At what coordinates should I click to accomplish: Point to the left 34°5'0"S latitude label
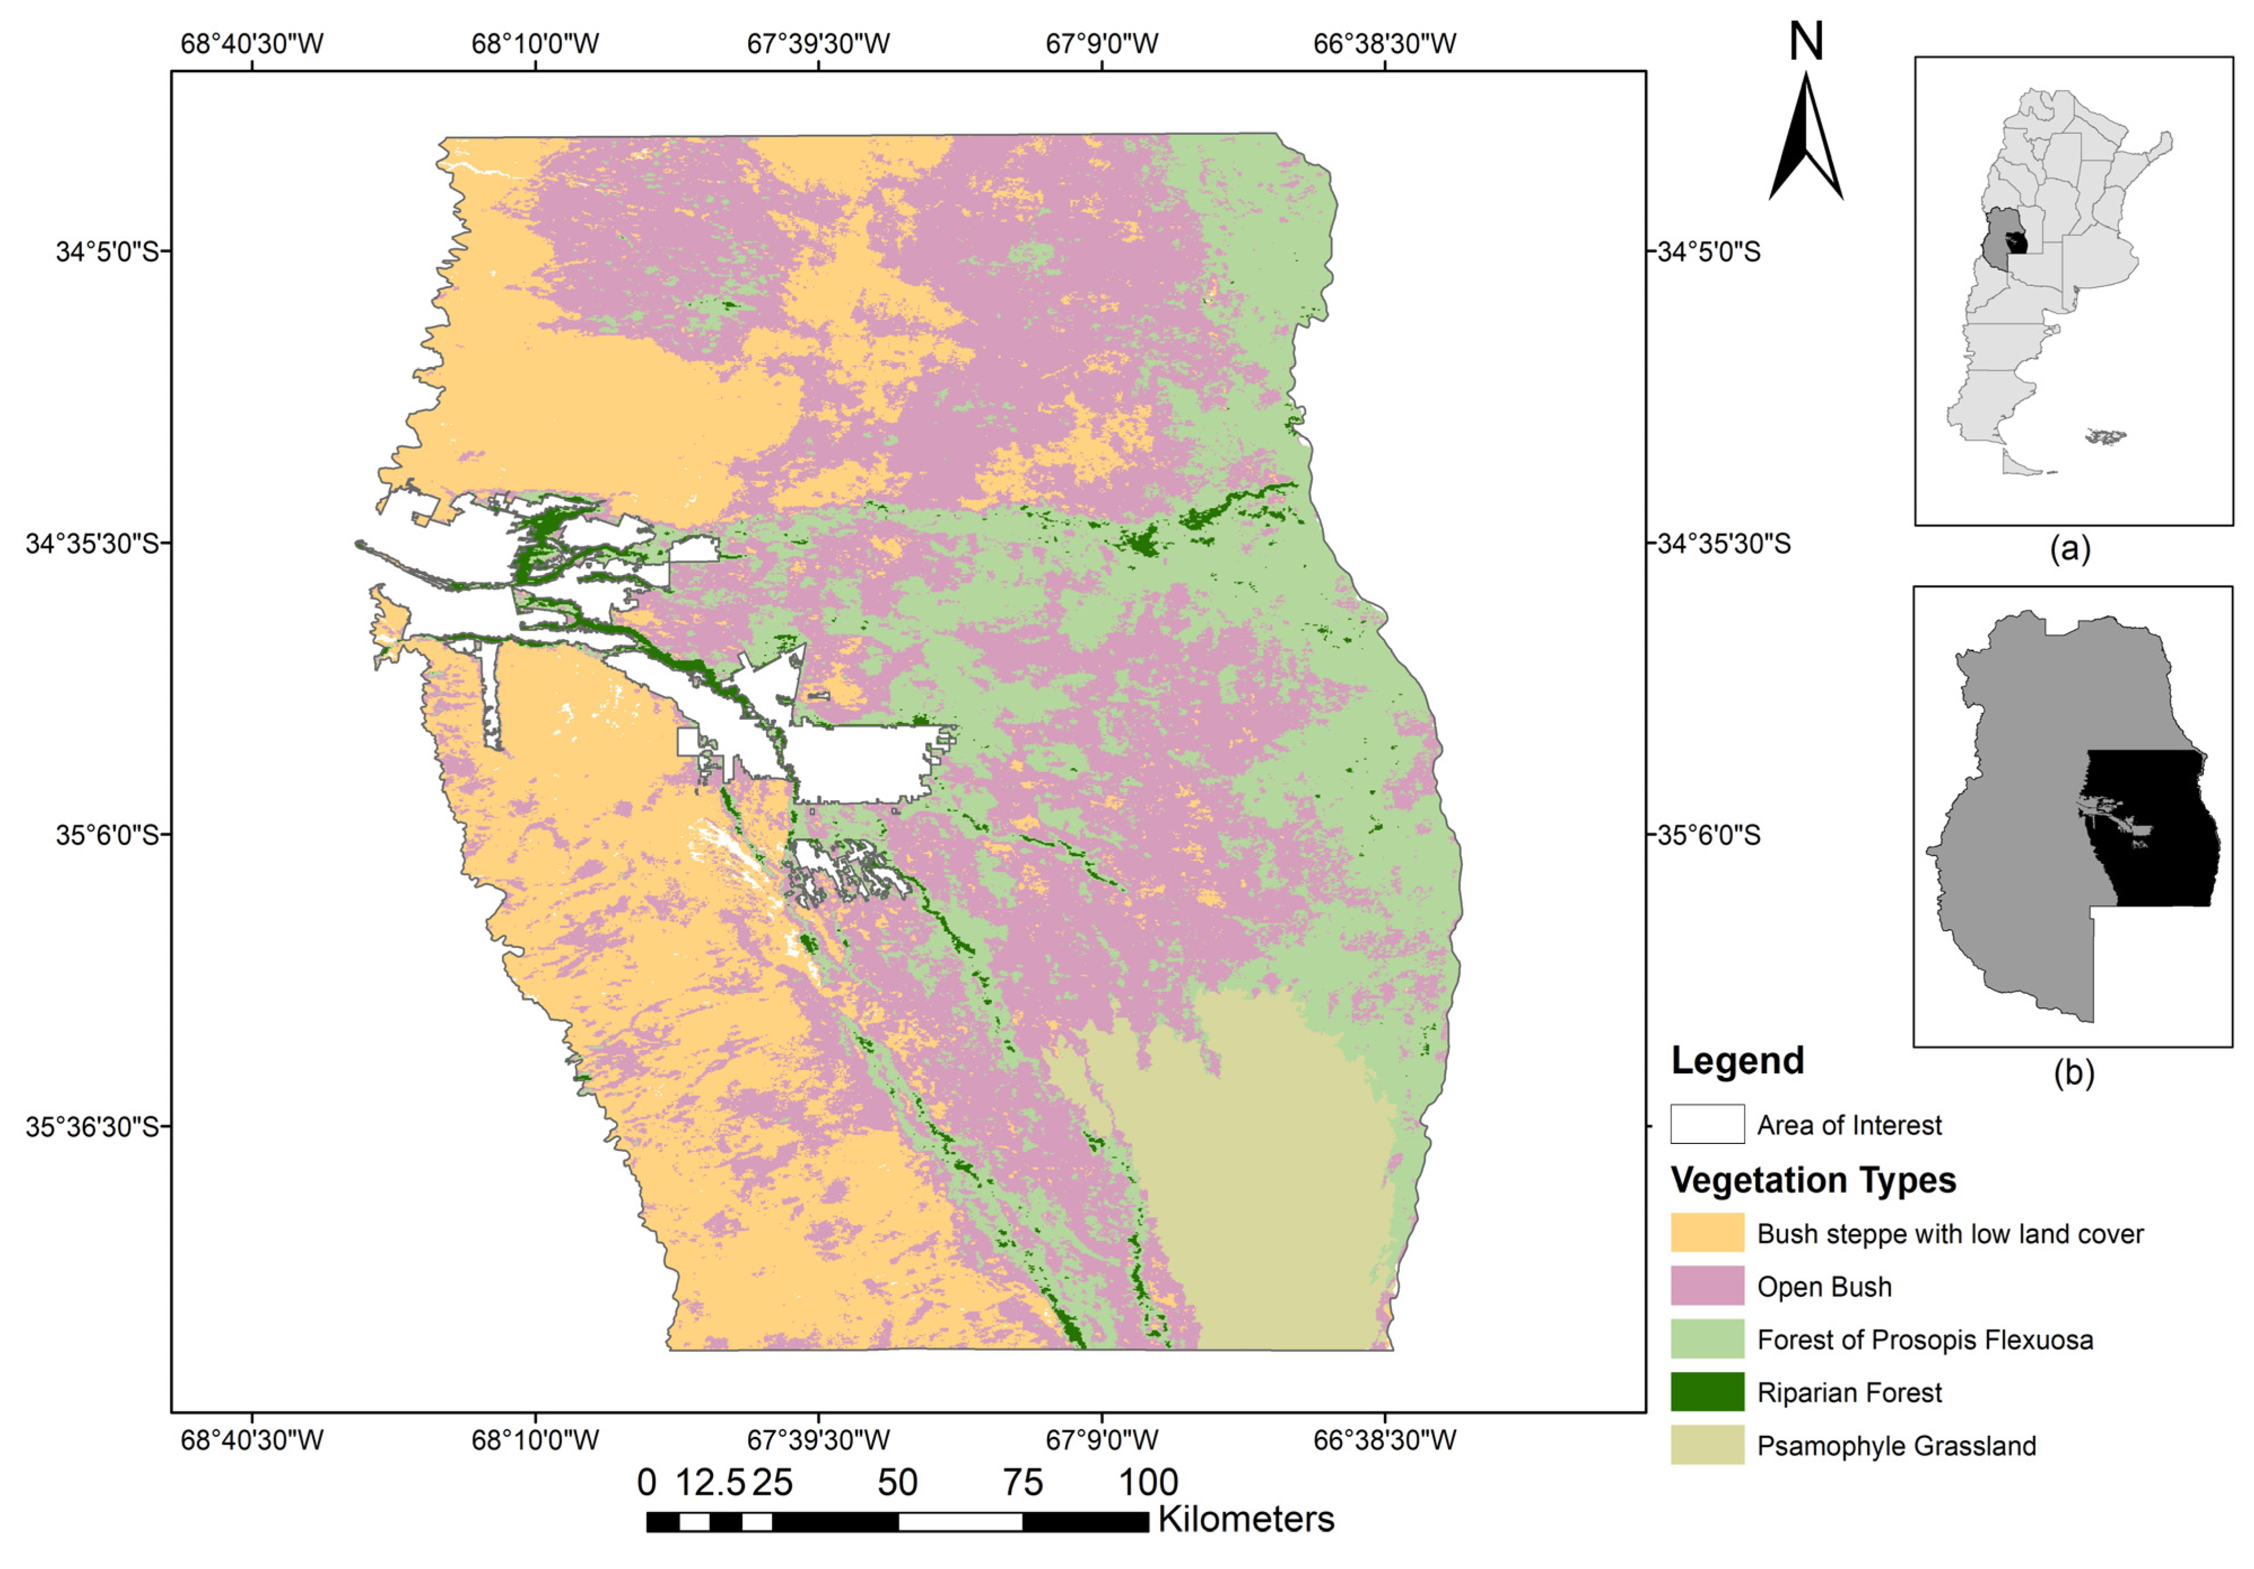pyautogui.click(x=106, y=251)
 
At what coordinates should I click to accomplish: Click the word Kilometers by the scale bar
pyautogui.click(x=1245, y=1519)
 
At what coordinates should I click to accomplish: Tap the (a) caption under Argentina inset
pyautogui.click(x=2071, y=548)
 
